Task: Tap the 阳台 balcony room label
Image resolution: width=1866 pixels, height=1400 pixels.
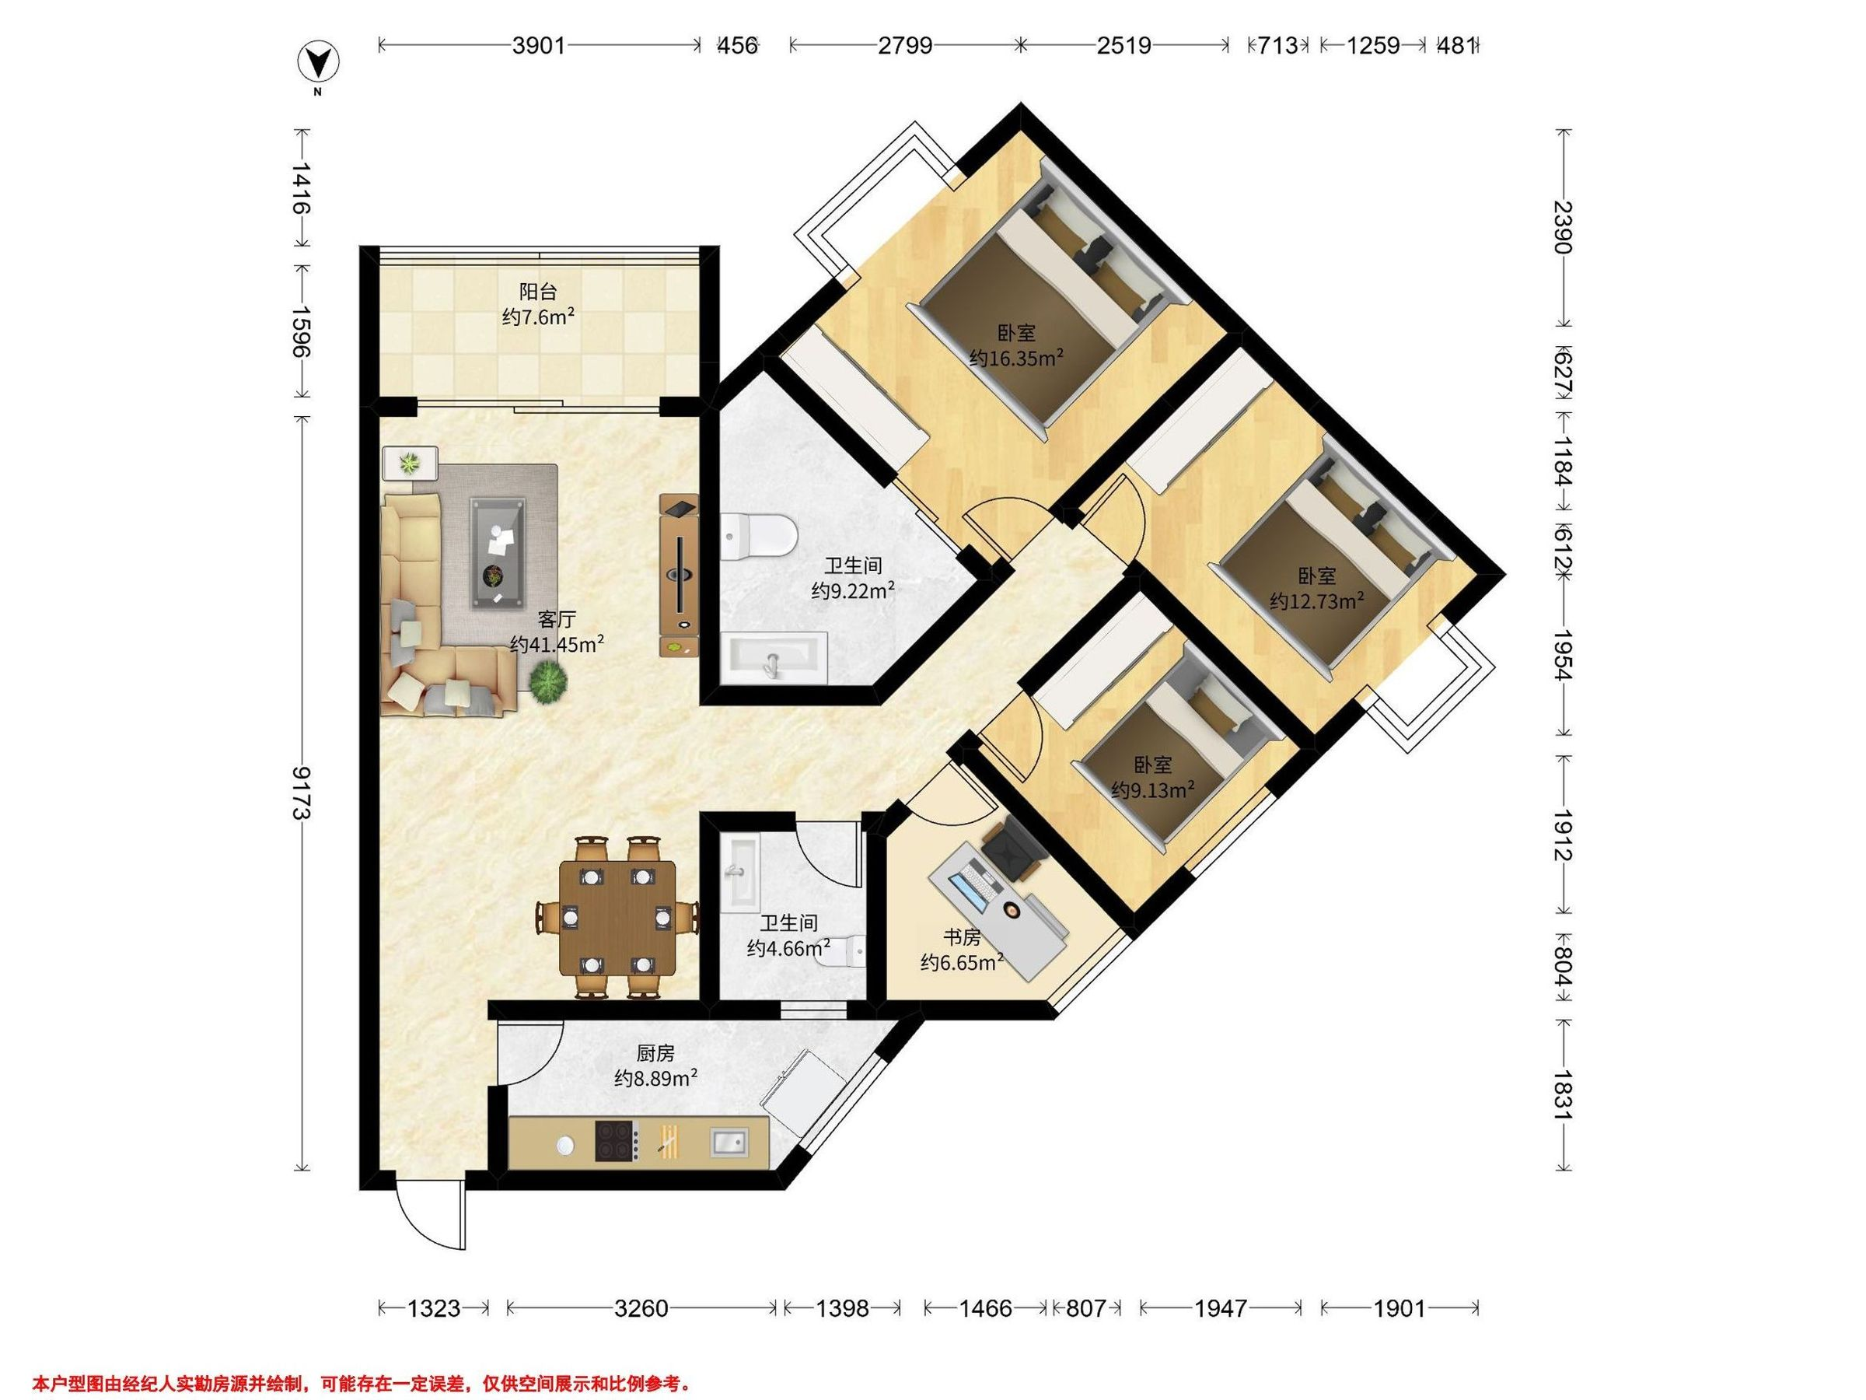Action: point(537,292)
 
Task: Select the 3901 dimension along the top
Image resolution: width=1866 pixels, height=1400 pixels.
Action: point(539,45)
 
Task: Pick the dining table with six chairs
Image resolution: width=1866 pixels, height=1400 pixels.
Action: point(617,916)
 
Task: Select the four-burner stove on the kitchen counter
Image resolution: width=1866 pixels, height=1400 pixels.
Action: point(616,1141)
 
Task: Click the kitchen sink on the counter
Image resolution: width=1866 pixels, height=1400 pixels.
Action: point(729,1142)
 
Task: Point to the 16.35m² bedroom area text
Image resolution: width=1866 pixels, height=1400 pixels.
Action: point(1015,358)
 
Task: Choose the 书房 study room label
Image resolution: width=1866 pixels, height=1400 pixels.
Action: point(962,936)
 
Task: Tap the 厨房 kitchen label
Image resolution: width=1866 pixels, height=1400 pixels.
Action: point(655,1053)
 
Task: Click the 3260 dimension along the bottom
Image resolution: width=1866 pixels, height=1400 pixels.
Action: point(641,1308)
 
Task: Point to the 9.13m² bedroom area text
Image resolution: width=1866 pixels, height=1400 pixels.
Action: point(1152,790)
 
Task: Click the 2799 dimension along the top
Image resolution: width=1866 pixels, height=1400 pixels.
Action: point(905,45)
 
